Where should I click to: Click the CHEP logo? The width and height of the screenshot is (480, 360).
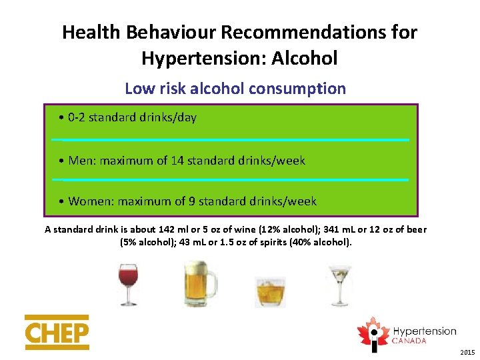click(x=57, y=332)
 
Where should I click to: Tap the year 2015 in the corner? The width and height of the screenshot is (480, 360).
click(x=467, y=351)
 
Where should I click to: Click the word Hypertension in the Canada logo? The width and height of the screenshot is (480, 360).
click(x=424, y=331)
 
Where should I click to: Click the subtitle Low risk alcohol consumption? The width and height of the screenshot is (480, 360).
click(x=235, y=88)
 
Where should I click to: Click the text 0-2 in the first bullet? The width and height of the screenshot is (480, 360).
click(x=77, y=118)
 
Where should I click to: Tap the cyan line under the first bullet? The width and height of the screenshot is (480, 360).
click(x=230, y=139)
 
